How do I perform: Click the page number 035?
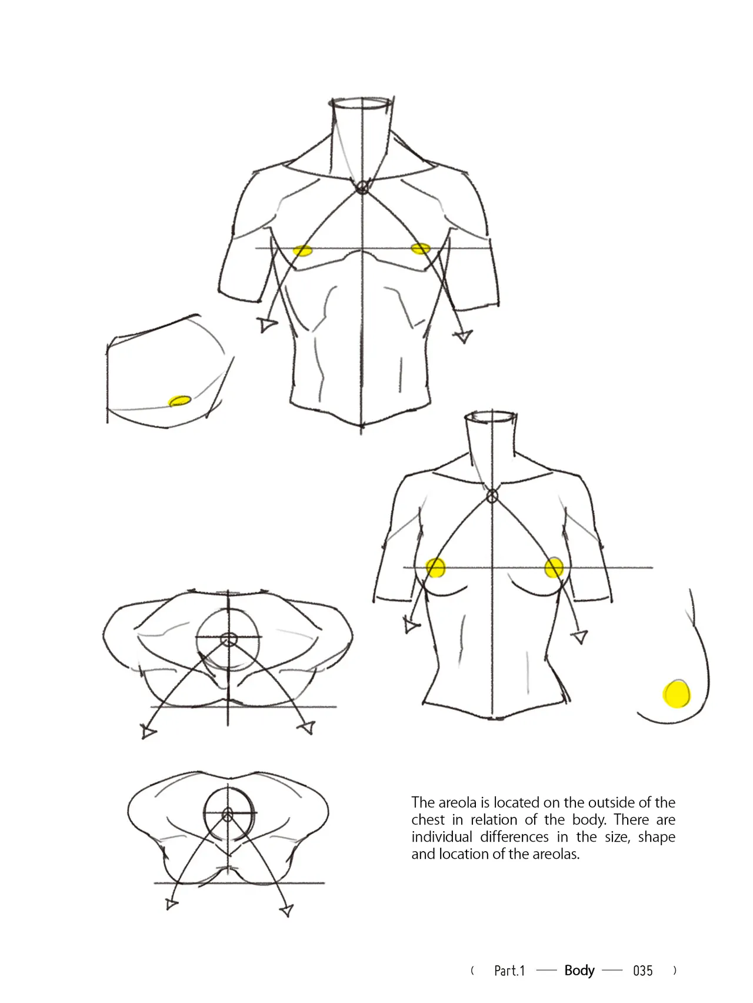tap(642, 971)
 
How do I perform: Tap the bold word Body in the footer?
tap(579, 971)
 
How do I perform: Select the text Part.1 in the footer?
tap(509, 971)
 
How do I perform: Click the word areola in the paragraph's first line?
tap(458, 802)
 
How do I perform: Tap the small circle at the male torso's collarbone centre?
tap(362, 188)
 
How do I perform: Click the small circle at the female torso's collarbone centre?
tap(492, 497)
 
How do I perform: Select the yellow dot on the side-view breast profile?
tap(677, 693)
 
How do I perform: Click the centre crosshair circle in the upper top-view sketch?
tap(228, 639)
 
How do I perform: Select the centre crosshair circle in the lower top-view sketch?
tap(228, 814)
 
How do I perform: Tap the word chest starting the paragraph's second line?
tap(428, 819)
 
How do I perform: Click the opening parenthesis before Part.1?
tap(472, 971)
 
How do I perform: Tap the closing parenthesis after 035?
tap(674, 971)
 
